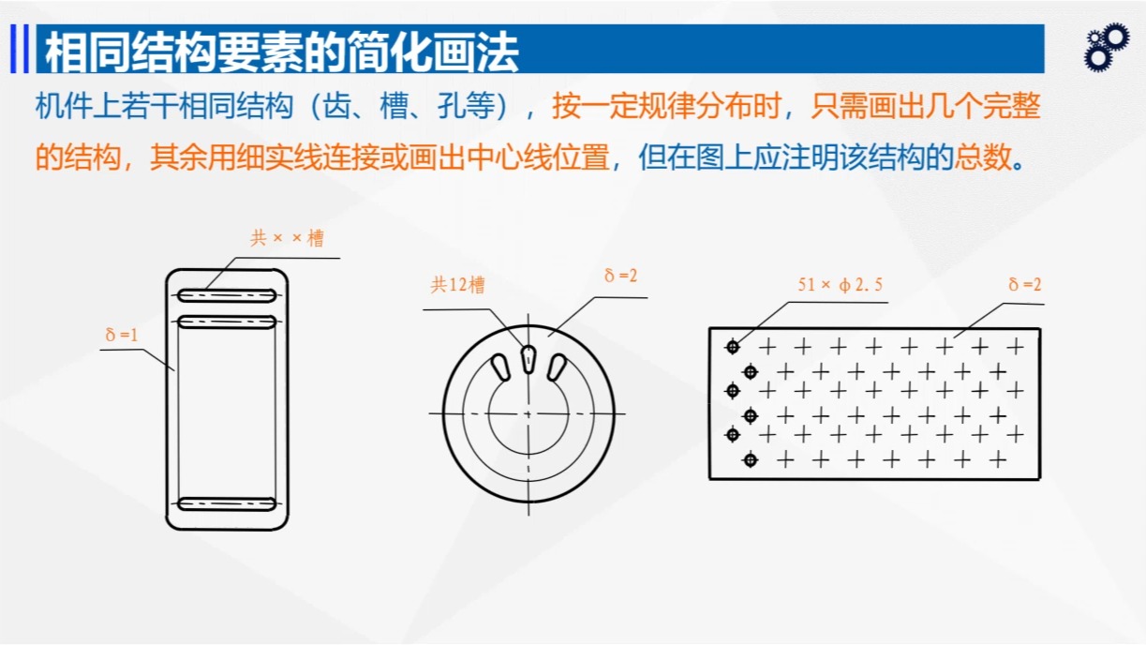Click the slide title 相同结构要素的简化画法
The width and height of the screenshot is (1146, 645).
(x=281, y=52)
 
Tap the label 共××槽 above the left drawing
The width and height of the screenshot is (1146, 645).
(x=287, y=238)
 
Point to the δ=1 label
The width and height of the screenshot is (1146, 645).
(x=122, y=334)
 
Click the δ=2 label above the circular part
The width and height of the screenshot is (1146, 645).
(x=620, y=276)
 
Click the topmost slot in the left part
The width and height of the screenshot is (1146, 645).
(x=227, y=295)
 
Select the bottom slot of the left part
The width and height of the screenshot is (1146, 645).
(x=227, y=503)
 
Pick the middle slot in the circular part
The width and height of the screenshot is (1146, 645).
(x=528, y=359)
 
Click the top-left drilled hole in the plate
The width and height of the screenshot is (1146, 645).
(x=732, y=347)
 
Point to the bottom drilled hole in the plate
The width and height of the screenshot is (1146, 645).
(x=750, y=459)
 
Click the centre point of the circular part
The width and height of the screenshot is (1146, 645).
(x=528, y=412)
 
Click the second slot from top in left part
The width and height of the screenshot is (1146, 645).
(x=227, y=322)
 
